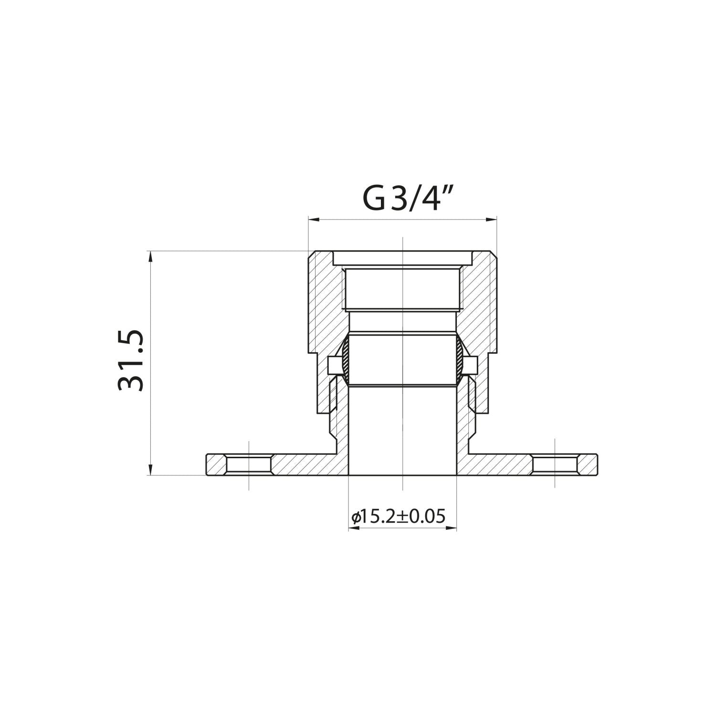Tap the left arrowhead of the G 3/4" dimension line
pyautogui.click(x=313, y=220)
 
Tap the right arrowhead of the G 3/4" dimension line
pyautogui.click(x=492, y=220)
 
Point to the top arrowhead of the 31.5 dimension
pyautogui.click(x=151, y=256)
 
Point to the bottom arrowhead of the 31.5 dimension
pyautogui.click(x=151, y=470)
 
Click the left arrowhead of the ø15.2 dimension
pyautogui.click(x=353, y=529)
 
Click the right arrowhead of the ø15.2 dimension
pyautogui.click(x=452, y=529)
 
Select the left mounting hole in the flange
pyautogui.click(x=249, y=464)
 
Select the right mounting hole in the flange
pyautogui.click(x=555, y=464)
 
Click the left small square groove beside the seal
pyautogui.click(x=334, y=366)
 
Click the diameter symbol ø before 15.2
pyautogui.click(x=355, y=517)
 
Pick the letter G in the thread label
pyautogui.click(x=373, y=200)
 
